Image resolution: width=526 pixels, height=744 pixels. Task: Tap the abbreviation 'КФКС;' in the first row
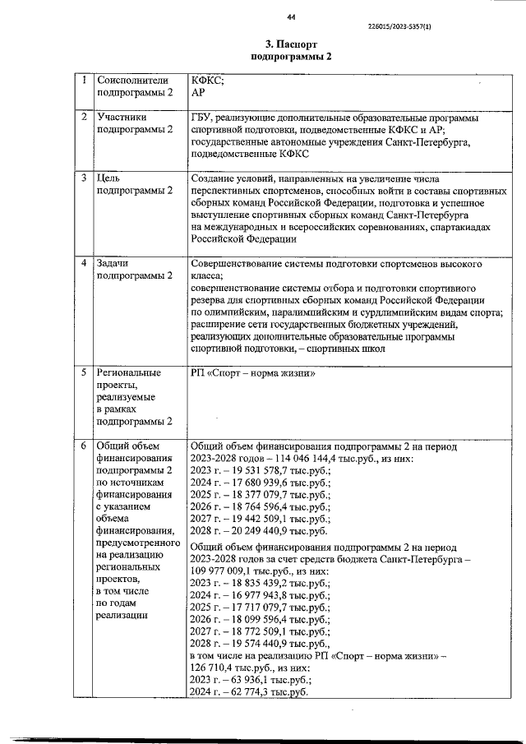click(x=207, y=81)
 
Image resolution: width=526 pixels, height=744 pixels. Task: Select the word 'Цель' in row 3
click(x=110, y=178)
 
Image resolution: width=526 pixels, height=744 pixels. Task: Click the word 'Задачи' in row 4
click(x=117, y=264)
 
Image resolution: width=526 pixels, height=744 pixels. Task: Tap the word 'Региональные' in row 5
click(x=131, y=373)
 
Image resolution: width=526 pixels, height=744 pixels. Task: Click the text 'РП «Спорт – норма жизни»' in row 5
click(x=254, y=373)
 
